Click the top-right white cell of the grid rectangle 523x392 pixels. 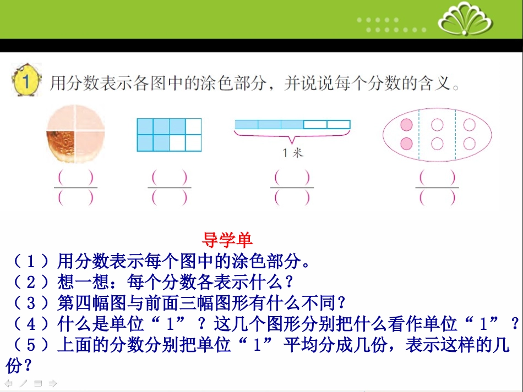coord(194,126)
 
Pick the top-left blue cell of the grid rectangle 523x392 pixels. coord(145,126)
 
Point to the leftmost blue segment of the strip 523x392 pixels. coord(246,124)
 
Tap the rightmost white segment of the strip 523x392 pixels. coord(339,124)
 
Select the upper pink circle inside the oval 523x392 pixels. coord(406,125)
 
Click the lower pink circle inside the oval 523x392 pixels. coord(406,143)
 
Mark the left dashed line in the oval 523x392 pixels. coord(420,135)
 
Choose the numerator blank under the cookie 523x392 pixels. coord(75,178)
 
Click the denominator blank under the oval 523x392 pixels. coord(438,198)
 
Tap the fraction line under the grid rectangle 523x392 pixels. coord(170,187)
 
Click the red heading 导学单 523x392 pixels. coord(227,240)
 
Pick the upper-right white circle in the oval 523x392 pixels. coord(470,125)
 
